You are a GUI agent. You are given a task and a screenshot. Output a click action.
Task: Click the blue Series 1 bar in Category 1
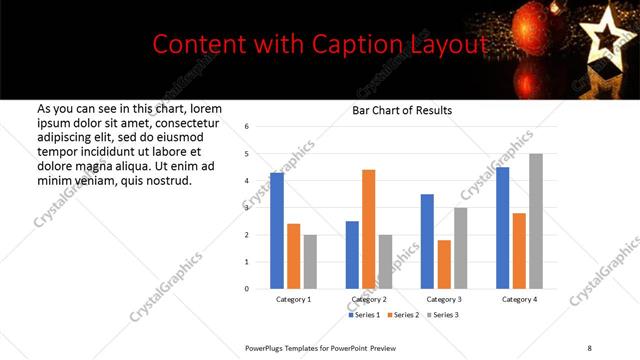coord(277,231)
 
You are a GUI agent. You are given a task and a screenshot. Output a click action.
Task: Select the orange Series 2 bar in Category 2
coord(368,229)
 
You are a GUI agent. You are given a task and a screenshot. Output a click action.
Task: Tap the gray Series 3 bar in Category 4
coord(536,221)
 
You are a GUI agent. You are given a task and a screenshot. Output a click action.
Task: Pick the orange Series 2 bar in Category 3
coord(444,264)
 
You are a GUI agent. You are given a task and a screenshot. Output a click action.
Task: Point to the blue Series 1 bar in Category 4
coord(502,228)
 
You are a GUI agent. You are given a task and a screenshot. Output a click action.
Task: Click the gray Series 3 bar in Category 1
coord(310,262)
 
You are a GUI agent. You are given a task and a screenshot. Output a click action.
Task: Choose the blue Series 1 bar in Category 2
coord(352,255)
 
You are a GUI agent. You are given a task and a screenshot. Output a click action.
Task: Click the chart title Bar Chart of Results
coord(401,110)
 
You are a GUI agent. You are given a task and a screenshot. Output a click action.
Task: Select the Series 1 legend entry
coord(365,315)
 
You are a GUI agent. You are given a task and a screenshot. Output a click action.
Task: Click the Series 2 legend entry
coord(403,315)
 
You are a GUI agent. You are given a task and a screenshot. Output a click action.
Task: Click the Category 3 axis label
coord(444,299)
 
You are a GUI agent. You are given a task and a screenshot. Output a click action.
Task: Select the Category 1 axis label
coord(293,299)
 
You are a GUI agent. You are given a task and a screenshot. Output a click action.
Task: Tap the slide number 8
coord(589,346)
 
